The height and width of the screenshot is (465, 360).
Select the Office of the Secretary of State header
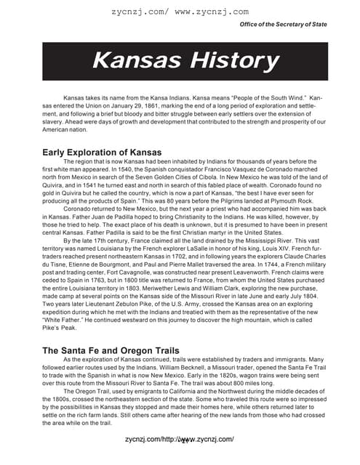tap(283, 25)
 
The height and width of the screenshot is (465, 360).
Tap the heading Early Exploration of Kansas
tap(115, 151)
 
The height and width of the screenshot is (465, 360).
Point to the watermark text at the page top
tap(180, 12)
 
